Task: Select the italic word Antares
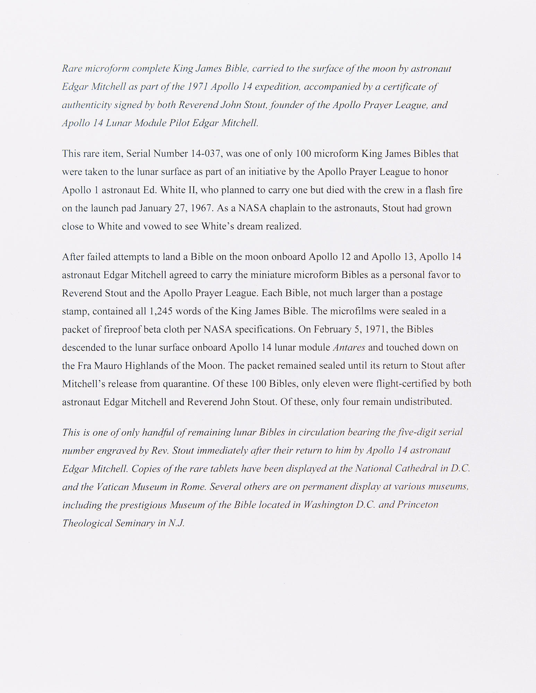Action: [x=349, y=348]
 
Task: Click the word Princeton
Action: [x=417, y=505]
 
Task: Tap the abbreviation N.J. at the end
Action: [x=176, y=523]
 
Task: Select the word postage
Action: [x=426, y=293]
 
